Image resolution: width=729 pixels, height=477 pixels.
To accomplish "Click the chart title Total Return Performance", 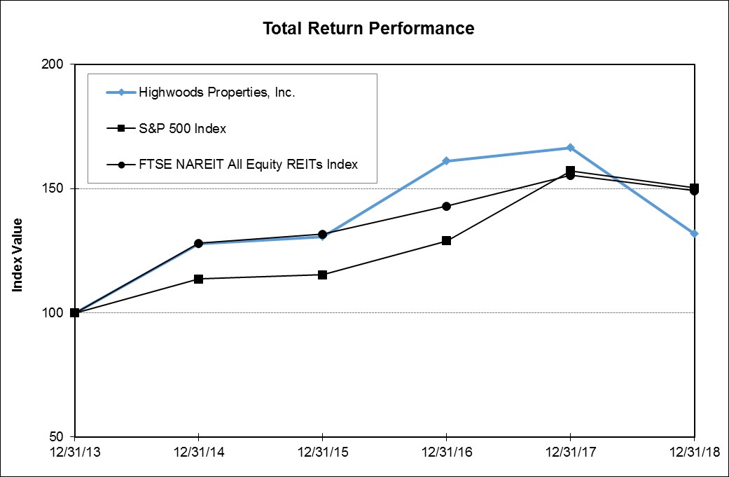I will click(x=368, y=29).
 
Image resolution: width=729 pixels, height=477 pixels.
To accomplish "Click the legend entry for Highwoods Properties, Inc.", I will click(x=217, y=92).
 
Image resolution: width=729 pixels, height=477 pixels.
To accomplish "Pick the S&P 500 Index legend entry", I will click(x=182, y=128).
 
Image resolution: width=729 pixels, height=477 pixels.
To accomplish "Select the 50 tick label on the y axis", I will click(x=57, y=436).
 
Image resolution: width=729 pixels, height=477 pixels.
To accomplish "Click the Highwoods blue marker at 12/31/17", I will click(x=570, y=148).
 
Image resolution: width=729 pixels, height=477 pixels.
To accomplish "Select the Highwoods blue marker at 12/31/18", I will click(x=694, y=233).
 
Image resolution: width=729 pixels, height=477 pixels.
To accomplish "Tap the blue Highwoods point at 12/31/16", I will click(x=446, y=161).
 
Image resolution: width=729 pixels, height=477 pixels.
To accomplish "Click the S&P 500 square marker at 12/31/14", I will click(x=199, y=279).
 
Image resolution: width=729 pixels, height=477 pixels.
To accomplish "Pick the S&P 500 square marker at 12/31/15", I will click(x=322, y=275).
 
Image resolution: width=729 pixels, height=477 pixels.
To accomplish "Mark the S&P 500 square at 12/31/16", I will click(x=446, y=241).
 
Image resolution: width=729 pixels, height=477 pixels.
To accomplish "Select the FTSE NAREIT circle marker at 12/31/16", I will click(x=446, y=206).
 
